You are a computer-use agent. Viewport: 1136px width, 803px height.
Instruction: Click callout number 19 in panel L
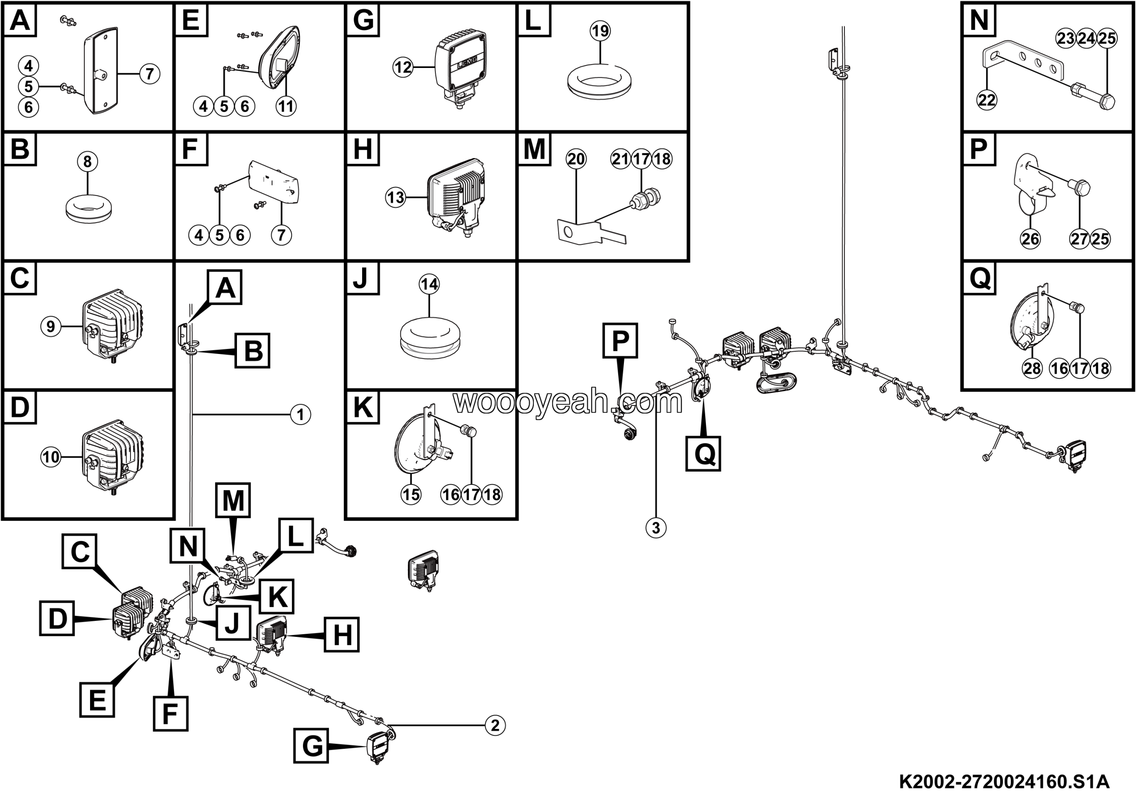point(600,31)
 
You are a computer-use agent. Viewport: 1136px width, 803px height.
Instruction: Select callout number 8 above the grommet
point(87,161)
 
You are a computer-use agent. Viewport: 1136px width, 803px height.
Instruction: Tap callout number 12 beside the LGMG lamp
point(403,67)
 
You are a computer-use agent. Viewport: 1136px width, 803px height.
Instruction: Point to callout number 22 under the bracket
point(986,100)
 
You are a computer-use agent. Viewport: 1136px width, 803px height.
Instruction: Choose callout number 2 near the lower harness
point(495,726)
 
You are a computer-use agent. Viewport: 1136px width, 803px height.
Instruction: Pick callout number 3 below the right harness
point(656,528)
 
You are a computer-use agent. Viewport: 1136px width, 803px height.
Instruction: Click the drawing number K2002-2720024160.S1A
point(1004,782)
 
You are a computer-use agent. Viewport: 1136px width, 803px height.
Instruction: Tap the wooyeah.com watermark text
point(568,402)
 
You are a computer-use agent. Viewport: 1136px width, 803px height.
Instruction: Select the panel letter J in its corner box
point(361,278)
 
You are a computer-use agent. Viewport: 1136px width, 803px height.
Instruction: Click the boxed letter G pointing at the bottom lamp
point(311,746)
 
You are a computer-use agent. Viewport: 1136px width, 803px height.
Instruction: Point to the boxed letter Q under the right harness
point(703,453)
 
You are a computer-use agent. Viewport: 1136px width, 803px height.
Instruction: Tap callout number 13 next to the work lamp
point(395,198)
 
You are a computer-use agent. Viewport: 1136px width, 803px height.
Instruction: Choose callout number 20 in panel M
point(576,159)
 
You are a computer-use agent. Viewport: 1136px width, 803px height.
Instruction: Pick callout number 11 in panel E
point(286,106)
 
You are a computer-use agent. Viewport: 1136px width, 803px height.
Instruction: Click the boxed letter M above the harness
point(233,501)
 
